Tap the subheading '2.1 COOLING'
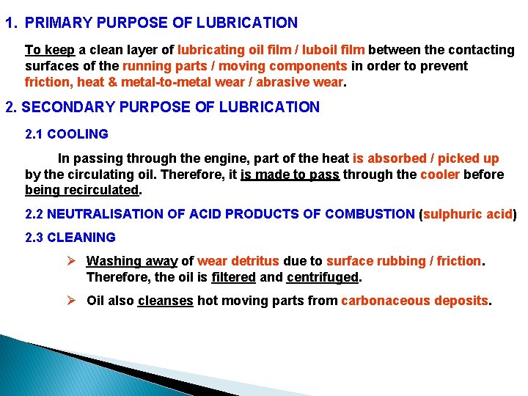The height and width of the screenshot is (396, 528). click(x=67, y=134)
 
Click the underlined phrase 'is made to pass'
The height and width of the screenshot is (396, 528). click(x=290, y=175)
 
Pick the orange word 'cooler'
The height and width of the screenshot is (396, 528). click(x=440, y=175)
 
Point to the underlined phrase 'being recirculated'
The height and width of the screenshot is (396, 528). click(x=81, y=190)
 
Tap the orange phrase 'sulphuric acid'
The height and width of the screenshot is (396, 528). click(x=467, y=214)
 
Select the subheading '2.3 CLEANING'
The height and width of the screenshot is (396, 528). click(x=70, y=238)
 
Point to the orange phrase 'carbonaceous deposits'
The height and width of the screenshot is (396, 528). click(x=415, y=301)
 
